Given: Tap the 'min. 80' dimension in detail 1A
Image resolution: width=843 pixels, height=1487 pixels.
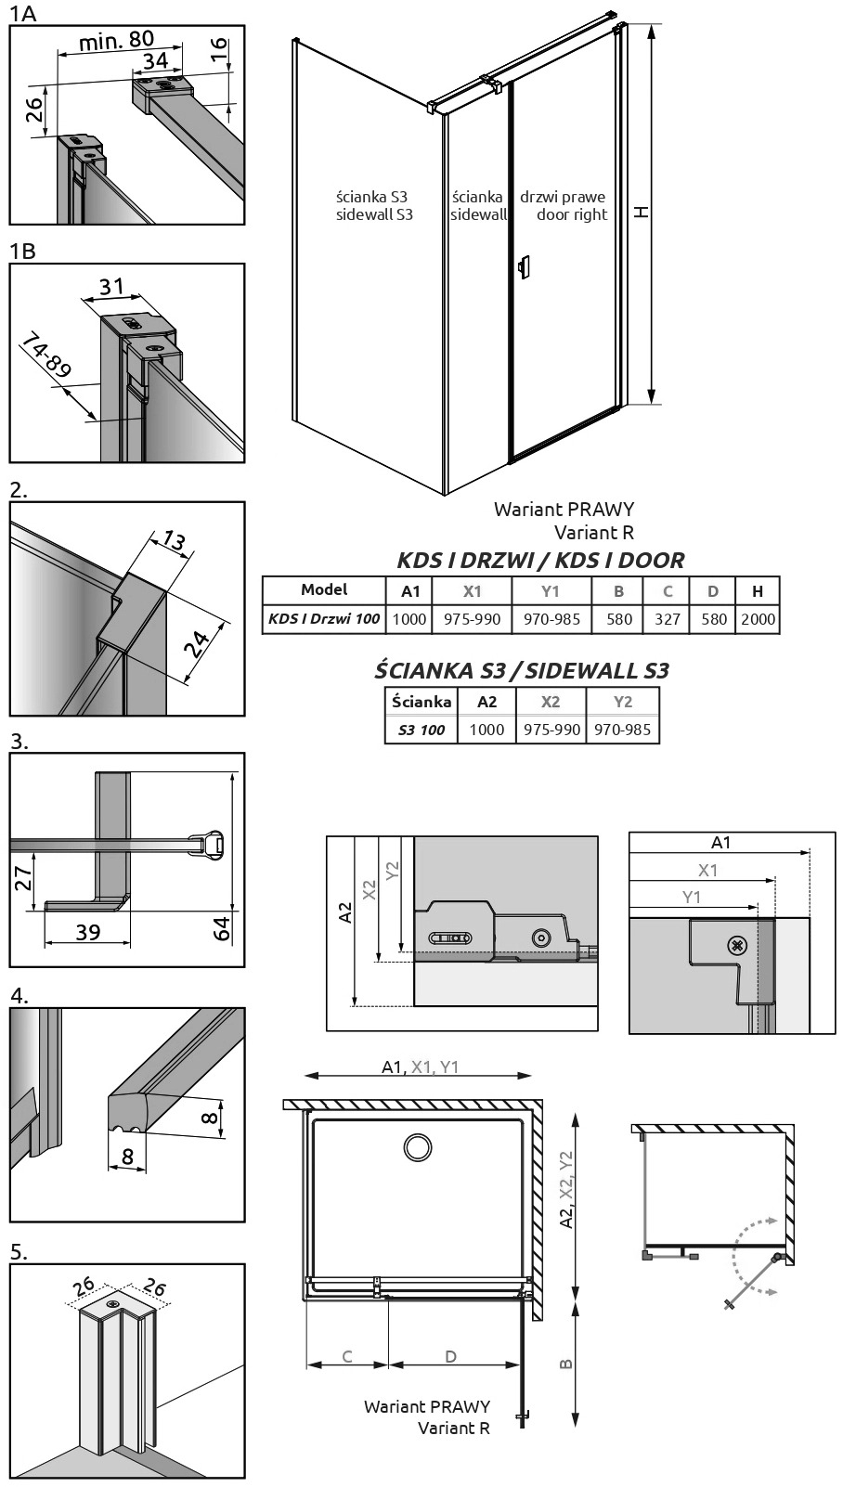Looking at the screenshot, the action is pyautogui.click(x=116, y=41).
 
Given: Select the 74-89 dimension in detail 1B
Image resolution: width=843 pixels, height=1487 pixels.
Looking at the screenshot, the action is pyautogui.click(x=46, y=356).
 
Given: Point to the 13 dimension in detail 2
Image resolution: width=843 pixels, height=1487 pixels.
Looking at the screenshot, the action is pyautogui.click(x=174, y=540).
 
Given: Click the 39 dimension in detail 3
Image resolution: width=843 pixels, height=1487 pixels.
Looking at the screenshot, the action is pyautogui.click(x=87, y=932).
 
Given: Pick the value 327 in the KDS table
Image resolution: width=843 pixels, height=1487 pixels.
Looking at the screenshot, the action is pyautogui.click(x=668, y=619).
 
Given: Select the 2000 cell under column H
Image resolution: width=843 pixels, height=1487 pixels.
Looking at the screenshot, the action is pyautogui.click(x=758, y=619).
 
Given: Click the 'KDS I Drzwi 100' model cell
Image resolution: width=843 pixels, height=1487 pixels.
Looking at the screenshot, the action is pyautogui.click(x=324, y=619).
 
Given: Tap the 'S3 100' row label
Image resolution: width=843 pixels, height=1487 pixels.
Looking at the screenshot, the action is pyautogui.click(x=421, y=731).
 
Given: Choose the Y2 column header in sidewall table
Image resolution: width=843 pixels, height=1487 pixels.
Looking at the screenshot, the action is pyautogui.click(x=623, y=702).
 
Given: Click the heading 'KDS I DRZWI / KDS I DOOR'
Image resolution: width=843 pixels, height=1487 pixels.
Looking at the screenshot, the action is pyautogui.click(x=540, y=561).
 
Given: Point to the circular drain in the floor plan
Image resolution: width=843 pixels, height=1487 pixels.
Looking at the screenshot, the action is pyautogui.click(x=418, y=1147).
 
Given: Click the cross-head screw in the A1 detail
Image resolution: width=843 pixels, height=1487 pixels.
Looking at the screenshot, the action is pyautogui.click(x=736, y=946).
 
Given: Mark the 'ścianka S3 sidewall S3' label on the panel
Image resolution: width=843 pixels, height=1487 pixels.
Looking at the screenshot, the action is pyautogui.click(x=374, y=206).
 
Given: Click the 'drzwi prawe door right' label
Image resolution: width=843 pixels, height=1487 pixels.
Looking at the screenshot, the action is pyautogui.click(x=563, y=206).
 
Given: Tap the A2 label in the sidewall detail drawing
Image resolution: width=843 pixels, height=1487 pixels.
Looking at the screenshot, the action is pyautogui.click(x=345, y=912).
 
